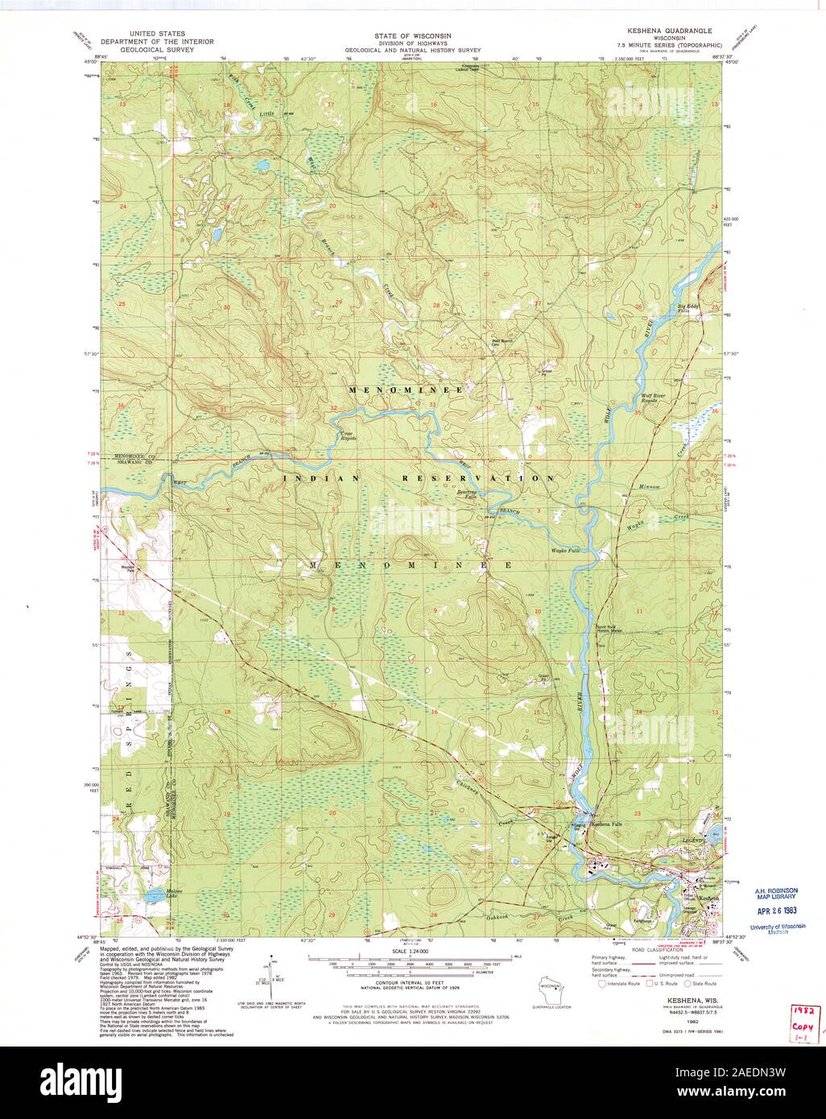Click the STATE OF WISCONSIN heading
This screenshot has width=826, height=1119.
(412, 36)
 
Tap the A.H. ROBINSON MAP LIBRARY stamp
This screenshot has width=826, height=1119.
(775, 893)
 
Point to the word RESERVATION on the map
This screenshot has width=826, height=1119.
(479, 478)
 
